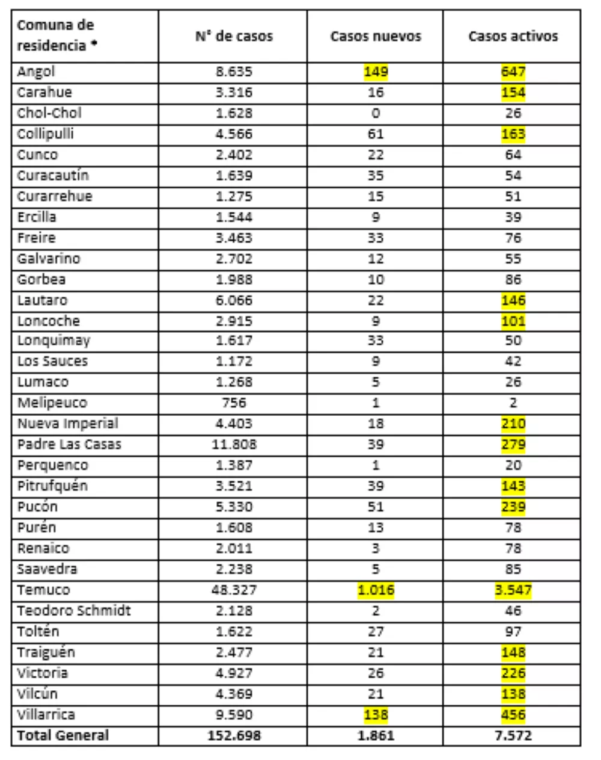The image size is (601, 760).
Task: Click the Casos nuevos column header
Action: [x=376, y=37]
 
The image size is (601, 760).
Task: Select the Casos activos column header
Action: [x=513, y=37]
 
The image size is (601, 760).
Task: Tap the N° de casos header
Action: [x=234, y=37]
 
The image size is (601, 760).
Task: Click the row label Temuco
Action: [x=43, y=590]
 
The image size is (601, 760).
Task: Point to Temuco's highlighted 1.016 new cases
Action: [x=376, y=590]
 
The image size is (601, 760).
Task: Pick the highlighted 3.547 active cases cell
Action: [x=513, y=590]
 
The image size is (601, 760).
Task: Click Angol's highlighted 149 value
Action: [x=376, y=72]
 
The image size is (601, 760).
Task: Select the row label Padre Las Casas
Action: [x=69, y=445]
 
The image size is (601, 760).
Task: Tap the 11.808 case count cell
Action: [x=234, y=445]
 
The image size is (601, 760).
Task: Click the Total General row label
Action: [x=63, y=735]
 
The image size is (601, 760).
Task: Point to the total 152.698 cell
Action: [x=234, y=735]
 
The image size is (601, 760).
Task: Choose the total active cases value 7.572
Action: [x=513, y=735]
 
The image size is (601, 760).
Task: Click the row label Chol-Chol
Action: [x=49, y=113]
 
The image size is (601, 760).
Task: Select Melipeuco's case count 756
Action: [x=234, y=403]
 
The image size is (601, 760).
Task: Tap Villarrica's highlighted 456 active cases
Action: [x=513, y=715]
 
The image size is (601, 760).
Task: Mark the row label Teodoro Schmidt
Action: [x=74, y=611]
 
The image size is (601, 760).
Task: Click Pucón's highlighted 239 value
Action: [x=513, y=507]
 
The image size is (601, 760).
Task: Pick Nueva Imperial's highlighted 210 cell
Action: [x=513, y=424]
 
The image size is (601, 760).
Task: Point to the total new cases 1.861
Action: [x=376, y=735]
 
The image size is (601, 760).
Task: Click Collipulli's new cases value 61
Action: [x=376, y=134]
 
